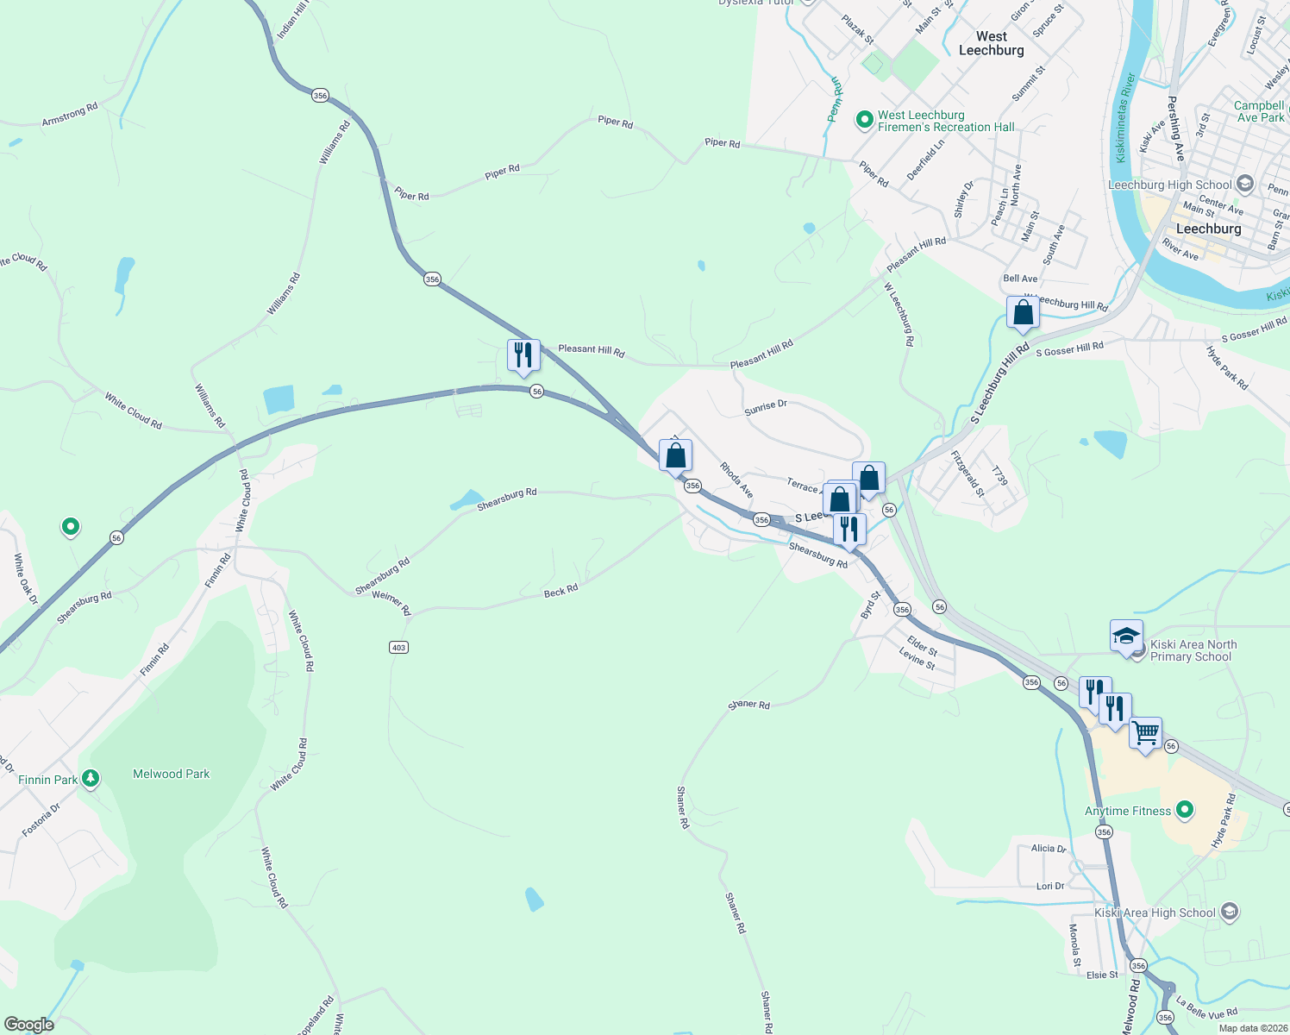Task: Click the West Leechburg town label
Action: [x=992, y=43]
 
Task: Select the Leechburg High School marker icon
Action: [x=1244, y=184]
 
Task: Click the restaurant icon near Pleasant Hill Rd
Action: [x=523, y=354]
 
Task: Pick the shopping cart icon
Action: [x=1145, y=734]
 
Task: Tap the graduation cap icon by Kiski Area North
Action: [x=1126, y=637]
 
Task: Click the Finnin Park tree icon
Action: [x=91, y=779]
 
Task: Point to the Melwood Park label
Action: [x=171, y=774]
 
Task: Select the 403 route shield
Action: [x=398, y=647]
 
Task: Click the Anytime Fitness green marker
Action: [x=1185, y=809]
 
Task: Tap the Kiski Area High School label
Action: [x=1155, y=913]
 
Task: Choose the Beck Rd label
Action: [x=560, y=592]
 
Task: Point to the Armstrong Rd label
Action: [x=70, y=115]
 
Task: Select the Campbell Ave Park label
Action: [x=1259, y=111]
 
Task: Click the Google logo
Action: [x=29, y=1025]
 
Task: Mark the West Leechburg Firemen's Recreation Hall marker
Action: [x=865, y=120]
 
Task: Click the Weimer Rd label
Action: [x=391, y=602]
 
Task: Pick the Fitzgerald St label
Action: [x=967, y=474]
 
